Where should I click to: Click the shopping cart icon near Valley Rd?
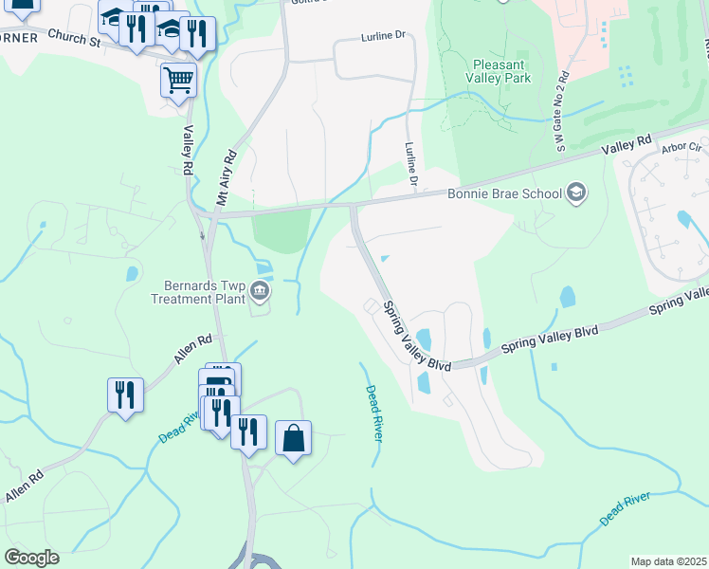(178, 81)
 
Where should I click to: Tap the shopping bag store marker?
(294, 439)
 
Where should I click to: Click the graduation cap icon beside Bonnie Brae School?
(575, 194)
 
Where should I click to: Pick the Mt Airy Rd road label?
(226, 177)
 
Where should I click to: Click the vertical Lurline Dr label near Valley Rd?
(412, 163)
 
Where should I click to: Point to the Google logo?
(31, 558)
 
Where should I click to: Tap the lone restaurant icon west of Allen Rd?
(125, 395)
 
